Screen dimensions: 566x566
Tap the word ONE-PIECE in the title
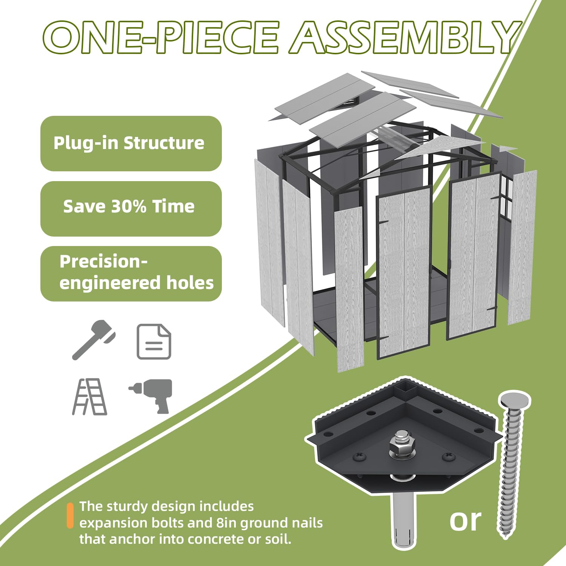point(161,37)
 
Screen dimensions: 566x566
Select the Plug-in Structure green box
point(131,143)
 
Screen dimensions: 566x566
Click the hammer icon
point(94,339)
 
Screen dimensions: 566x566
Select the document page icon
point(154,341)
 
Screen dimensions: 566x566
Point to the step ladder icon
point(90,397)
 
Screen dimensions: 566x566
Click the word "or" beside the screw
point(466,521)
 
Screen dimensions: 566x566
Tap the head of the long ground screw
point(515,401)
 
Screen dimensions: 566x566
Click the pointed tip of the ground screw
point(506,537)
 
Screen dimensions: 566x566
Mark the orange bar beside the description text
point(70,515)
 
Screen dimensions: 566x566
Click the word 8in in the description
point(226,523)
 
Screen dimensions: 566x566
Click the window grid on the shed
point(507,196)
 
